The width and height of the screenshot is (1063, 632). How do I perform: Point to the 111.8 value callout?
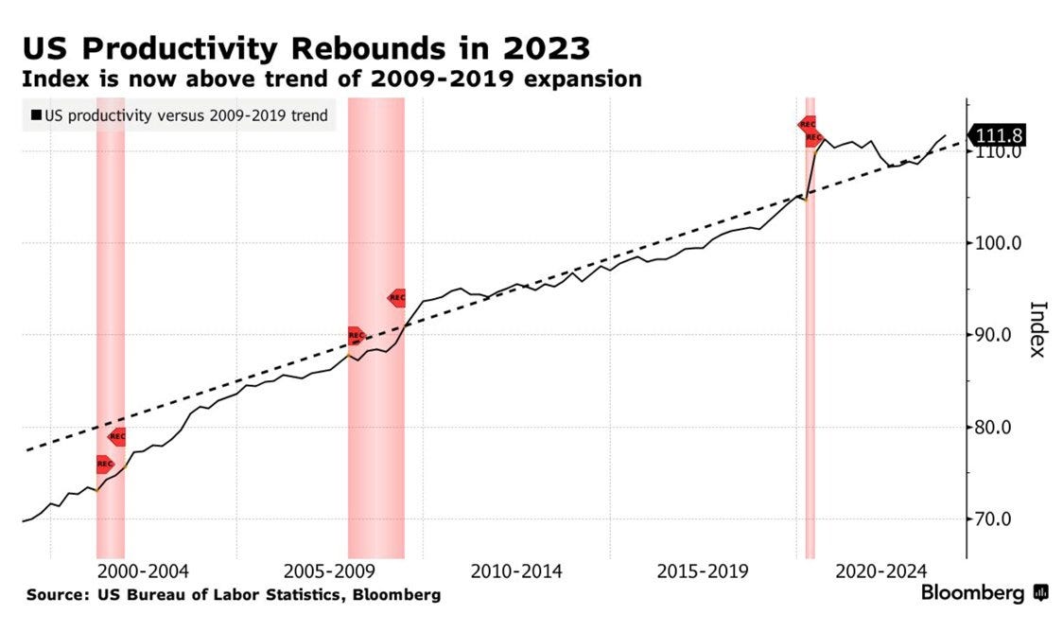pyautogui.click(x=1001, y=136)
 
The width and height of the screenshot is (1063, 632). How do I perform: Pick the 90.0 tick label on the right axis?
pyautogui.click(x=1000, y=335)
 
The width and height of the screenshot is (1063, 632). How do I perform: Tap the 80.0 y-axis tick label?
pyautogui.click(x=1000, y=427)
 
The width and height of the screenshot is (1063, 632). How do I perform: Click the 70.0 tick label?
pyautogui.click(x=1000, y=519)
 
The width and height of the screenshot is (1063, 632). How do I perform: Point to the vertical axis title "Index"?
pyautogui.click(x=1037, y=329)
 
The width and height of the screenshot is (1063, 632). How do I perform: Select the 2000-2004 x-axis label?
pyautogui.click(x=143, y=572)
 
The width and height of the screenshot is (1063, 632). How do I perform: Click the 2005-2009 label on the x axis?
pyautogui.click(x=329, y=572)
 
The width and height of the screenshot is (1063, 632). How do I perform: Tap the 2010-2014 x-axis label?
pyautogui.click(x=516, y=572)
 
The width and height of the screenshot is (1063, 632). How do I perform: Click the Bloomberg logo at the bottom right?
pyautogui.click(x=985, y=593)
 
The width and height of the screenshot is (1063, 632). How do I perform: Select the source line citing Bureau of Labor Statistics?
pyautogui.click(x=234, y=595)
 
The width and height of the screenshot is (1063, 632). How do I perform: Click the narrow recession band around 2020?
pyautogui.click(x=810, y=378)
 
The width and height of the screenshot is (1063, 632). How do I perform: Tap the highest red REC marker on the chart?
pyautogui.click(x=808, y=124)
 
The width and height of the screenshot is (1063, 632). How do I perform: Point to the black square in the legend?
pyautogui.click(x=36, y=116)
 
